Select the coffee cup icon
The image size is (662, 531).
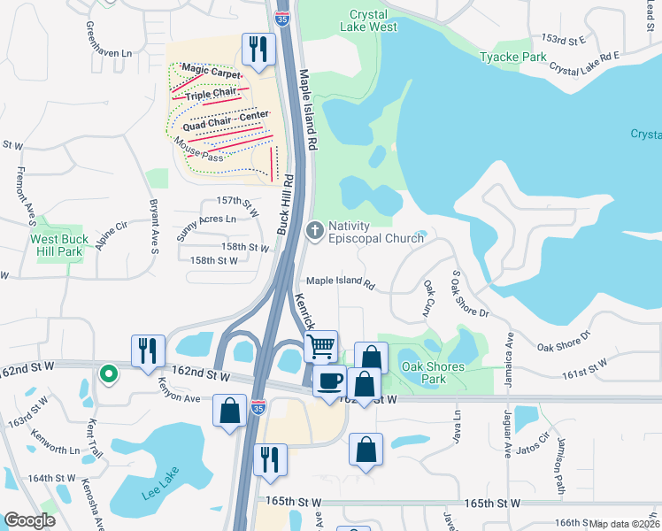329,381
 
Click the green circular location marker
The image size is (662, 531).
109,374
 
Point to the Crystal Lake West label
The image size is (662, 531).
373,21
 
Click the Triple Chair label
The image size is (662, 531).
217,94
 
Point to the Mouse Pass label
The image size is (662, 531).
199,150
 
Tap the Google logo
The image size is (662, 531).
29,520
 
